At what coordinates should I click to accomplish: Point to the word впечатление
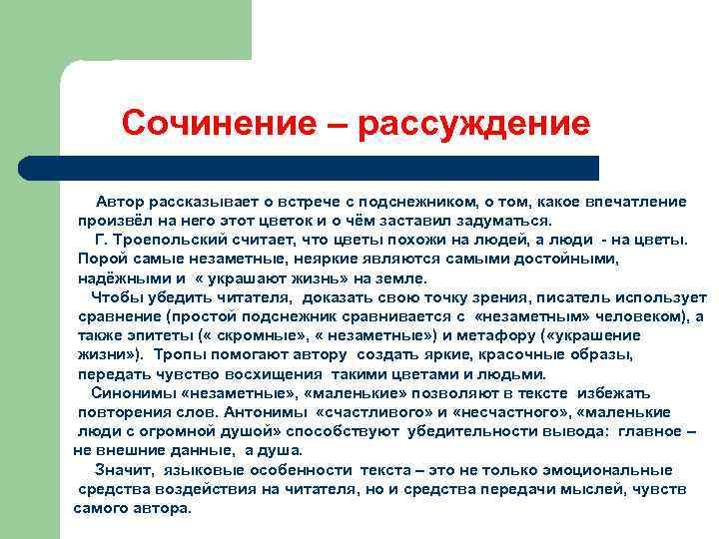[x=635, y=202]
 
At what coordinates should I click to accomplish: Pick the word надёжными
[x=124, y=278]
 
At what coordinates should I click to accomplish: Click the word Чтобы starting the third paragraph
[x=117, y=297]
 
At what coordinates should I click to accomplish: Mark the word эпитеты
[x=151, y=335]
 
